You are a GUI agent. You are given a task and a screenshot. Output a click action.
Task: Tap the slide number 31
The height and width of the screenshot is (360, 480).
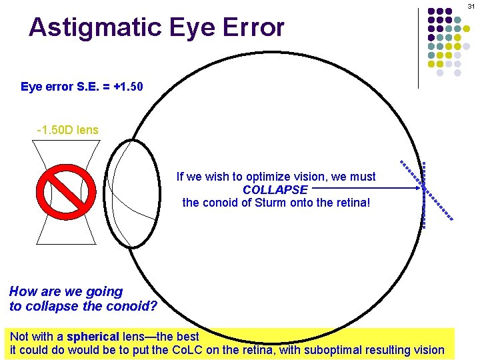[x=471, y=6]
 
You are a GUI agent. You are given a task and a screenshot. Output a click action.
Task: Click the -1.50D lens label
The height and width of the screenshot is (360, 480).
[x=67, y=130]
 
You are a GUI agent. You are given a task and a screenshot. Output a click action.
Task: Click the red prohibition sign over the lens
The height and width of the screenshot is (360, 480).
[x=66, y=191]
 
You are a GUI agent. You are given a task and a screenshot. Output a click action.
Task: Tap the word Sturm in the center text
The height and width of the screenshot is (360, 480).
[x=272, y=203]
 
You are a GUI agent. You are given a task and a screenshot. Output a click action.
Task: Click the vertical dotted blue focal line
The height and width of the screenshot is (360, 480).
[x=424, y=197]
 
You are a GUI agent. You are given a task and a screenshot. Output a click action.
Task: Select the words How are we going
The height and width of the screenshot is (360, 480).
[x=66, y=291]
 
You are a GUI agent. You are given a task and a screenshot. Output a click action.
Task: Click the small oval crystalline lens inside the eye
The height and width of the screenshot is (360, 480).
[x=131, y=194]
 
